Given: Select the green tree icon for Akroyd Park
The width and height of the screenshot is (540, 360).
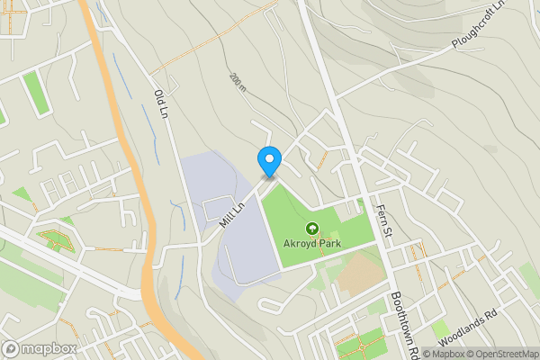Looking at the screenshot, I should click(313, 229).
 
